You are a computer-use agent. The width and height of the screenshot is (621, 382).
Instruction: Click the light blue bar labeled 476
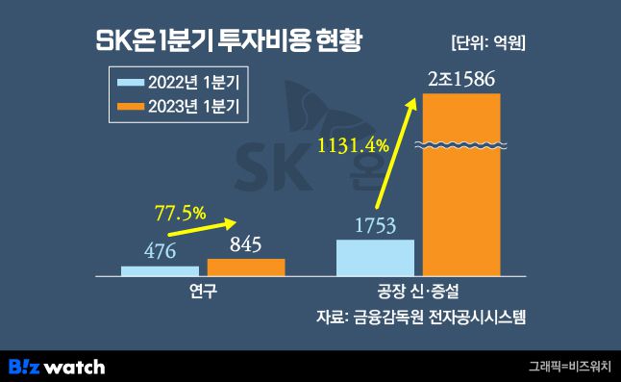160,270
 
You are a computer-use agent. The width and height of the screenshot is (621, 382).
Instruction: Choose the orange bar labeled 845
246,267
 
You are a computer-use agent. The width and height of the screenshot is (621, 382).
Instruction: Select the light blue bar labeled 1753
375,257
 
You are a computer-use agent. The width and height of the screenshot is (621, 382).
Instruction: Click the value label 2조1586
462,78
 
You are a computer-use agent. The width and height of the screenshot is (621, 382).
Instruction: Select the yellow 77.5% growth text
182,213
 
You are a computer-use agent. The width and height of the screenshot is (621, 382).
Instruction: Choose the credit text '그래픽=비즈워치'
569,367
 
